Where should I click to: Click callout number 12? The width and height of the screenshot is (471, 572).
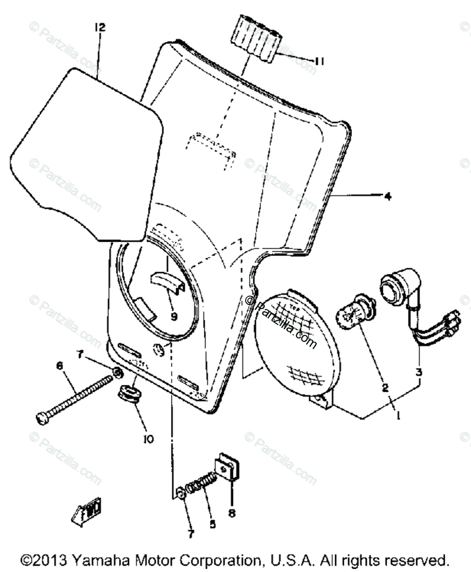click(x=100, y=28)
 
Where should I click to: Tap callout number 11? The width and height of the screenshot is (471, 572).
click(x=320, y=61)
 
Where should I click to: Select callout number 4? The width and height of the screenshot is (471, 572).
click(x=388, y=196)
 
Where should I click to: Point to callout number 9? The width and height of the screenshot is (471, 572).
click(x=173, y=315)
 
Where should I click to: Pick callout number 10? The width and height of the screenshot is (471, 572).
click(x=148, y=439)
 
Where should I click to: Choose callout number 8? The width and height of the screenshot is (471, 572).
click(x=231, y=513)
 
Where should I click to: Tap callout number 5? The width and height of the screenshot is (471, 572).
click(x=211, y=524)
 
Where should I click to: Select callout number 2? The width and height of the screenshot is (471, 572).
click(x=384, y=388)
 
